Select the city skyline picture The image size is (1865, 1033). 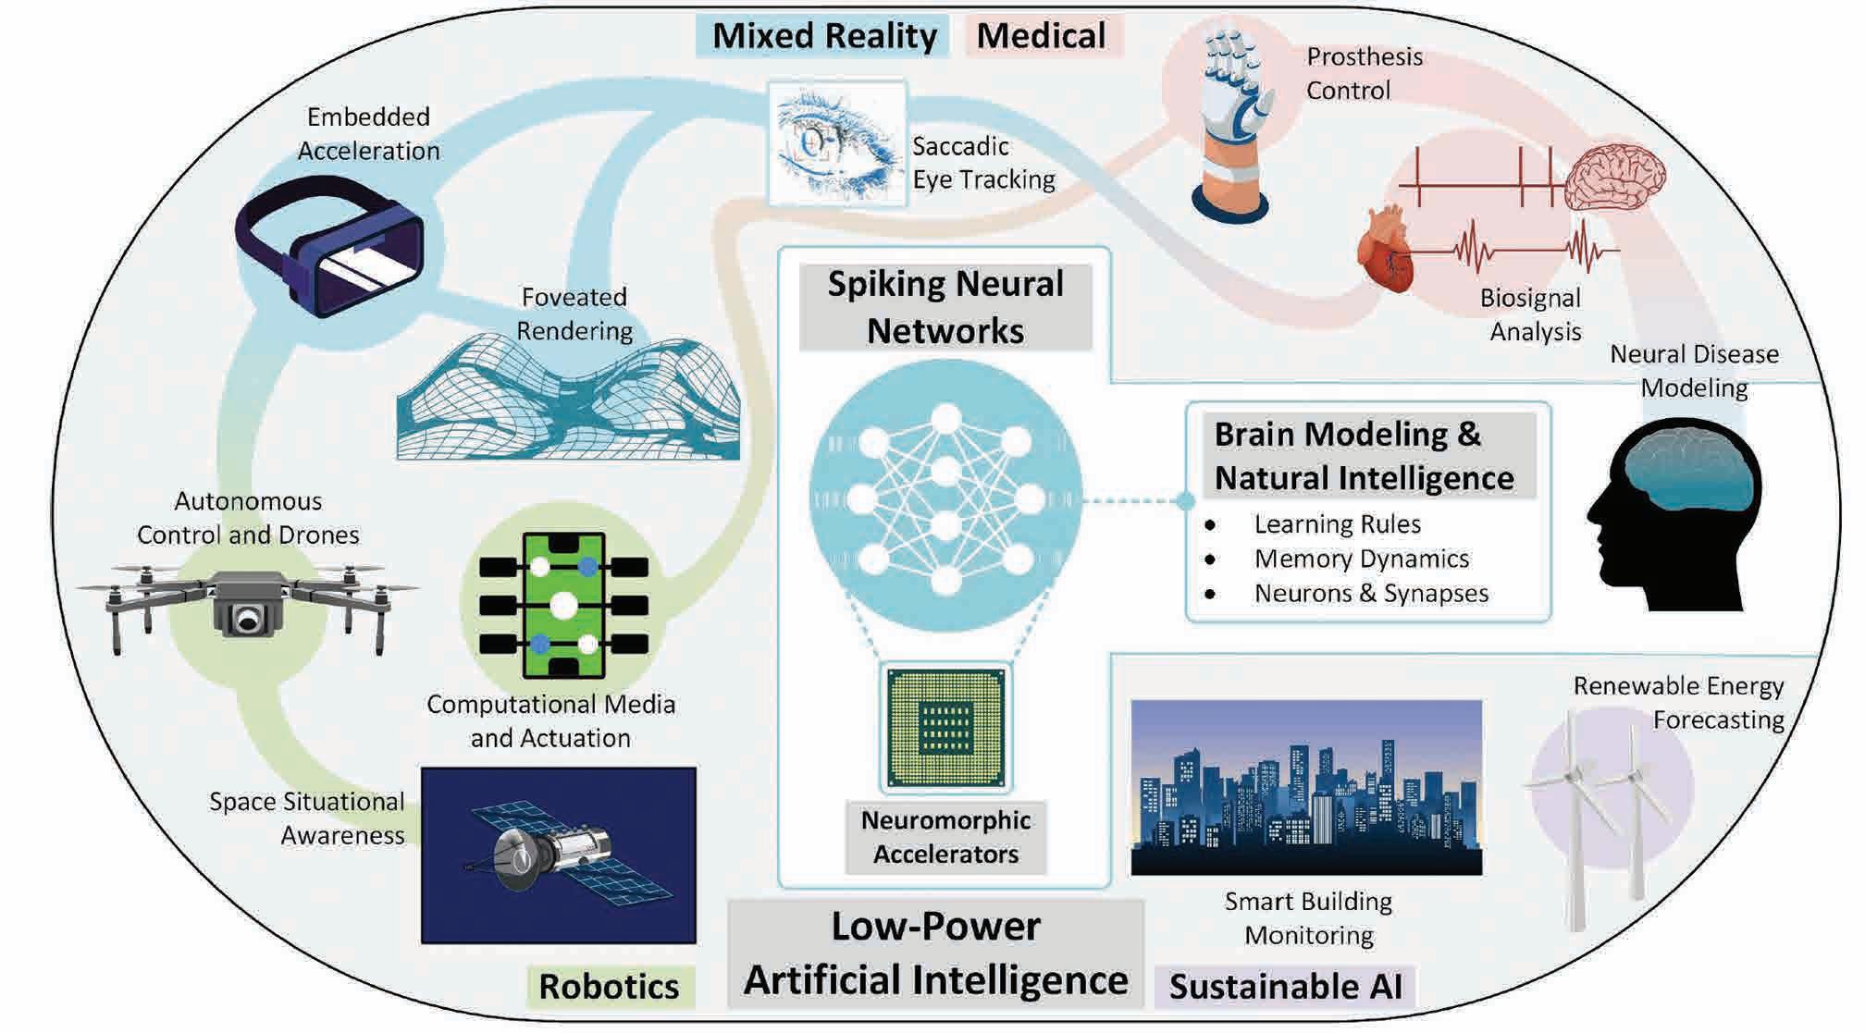[1306, 787]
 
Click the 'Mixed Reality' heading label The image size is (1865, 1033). [824, 37]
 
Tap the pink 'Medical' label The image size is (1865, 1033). [1042, 37]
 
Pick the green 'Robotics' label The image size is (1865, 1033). [610, 986]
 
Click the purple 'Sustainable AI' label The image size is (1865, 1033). [1286, 986]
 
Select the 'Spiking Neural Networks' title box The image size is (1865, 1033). [945, 307]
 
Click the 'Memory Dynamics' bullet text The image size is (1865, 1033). [1362, 559]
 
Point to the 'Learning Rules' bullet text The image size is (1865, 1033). [1338, 524]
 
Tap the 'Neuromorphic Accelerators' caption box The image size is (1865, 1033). [945, 837]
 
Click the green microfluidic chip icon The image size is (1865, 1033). [564, 606]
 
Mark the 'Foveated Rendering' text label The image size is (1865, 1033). [574, 314]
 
